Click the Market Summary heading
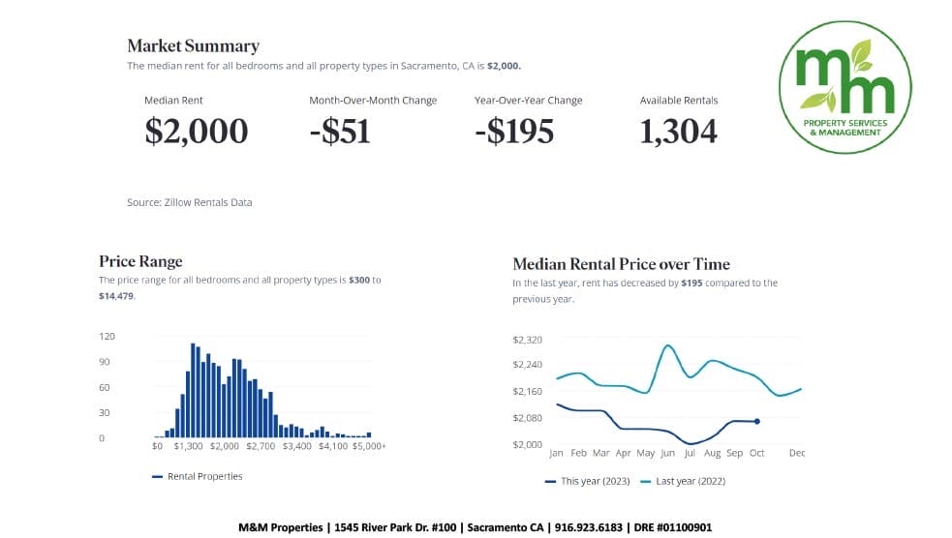point(194,45)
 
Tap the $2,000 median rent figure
point(196,131)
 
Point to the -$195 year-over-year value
point(514,131)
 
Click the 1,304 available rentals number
point(678,131)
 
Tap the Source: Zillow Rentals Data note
point(189,202)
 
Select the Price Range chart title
point(140,261)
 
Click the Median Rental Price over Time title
point(621,264)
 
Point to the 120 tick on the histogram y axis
point(107,336)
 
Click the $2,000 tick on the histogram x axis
point(224,446)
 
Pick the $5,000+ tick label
point(368,446)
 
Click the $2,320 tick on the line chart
point(527,340)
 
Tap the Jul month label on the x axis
point(690,453)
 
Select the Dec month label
point(796,453)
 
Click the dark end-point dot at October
point(756,421)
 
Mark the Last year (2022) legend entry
point(691,481)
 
